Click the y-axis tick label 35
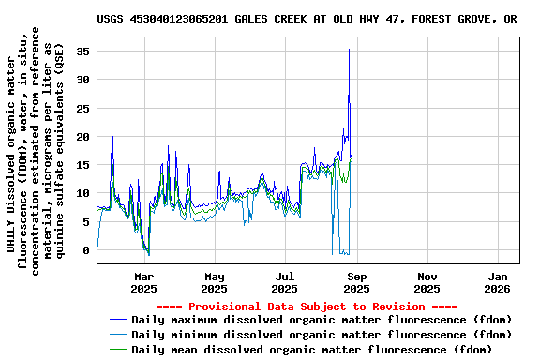[x=83, y=52]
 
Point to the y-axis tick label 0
[x=86, y=250]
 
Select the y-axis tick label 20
[x=83, y=137]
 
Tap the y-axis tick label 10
[x=83, y=193]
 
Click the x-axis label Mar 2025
[x=144, y=282]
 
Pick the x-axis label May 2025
[x=215, y=282]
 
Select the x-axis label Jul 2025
[x=285, y=282]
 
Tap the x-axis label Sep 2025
[x=356, y=282]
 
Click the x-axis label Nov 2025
[x=427, y=282]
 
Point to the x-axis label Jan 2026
[x=498, y=282]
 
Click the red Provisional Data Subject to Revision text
[x=307, y=307]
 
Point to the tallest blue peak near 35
[x=349, y=51]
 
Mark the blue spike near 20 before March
[x=112, y=138]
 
